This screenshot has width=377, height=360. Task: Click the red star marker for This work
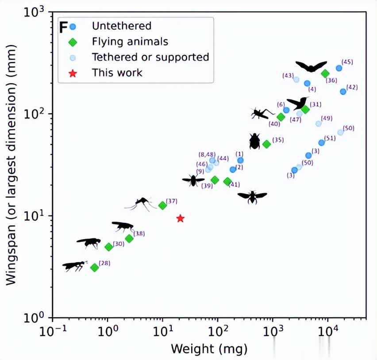coord(180,218)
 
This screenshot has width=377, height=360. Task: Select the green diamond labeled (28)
coord(94,268)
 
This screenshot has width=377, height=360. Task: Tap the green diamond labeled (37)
coord(162,205)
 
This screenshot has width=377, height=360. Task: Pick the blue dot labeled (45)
coord(339,68)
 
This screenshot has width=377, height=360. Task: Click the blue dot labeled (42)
coord(343,92)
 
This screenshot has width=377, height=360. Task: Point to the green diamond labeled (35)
coord(266,144)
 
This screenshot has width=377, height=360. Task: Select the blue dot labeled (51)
coord(322,142)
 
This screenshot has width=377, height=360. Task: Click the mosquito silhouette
coord(141,203)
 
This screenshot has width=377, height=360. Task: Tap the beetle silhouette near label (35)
coord(254,141)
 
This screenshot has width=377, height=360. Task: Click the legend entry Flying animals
coord(130,42)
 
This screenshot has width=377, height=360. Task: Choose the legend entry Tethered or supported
coord(150,57)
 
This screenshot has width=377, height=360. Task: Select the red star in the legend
coord(73,73)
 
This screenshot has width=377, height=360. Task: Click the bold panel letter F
coord(64,27)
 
